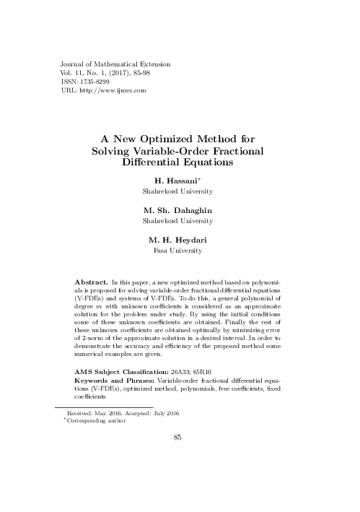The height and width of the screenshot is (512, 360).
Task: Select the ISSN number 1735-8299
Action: pos(85,82)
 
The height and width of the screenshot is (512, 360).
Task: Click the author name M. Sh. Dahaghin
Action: pos(180,209)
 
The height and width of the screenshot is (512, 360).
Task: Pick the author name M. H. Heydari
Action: pos(180,240)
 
